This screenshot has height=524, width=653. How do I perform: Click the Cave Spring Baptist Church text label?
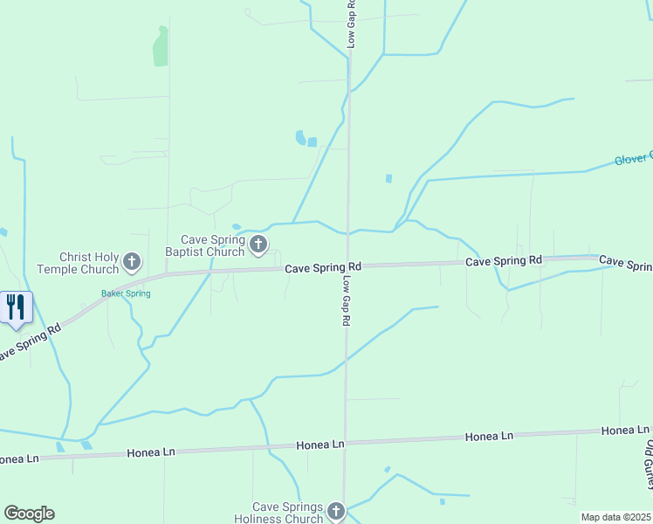(212, 245)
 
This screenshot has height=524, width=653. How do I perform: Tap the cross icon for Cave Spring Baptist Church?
(258, 245)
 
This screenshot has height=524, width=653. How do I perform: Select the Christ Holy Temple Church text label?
(88, 263)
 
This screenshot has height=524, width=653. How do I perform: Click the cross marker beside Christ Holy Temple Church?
(132, 261)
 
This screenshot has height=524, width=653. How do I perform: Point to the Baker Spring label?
(126, 293)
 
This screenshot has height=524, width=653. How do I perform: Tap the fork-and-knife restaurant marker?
(16, 307)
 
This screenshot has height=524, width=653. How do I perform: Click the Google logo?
(29, 514)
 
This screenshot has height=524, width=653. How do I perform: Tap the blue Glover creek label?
(633, 159)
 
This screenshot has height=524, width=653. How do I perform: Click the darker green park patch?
(160, 47)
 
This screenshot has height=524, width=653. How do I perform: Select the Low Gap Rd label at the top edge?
(351, 24)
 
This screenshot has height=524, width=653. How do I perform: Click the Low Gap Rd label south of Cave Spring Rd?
(346, 301)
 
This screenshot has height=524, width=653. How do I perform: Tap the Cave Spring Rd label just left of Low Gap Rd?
(323, 267)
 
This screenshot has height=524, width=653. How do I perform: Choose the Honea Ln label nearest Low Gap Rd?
(320, 445)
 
